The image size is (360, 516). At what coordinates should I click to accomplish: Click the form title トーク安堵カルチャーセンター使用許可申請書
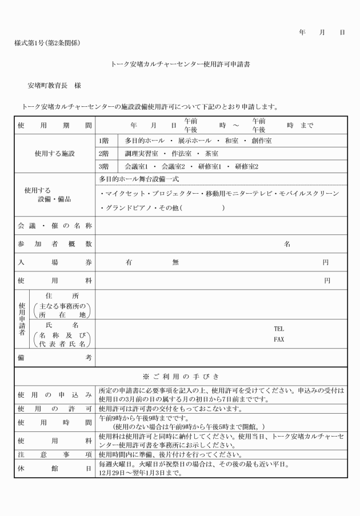(x=179, y=65)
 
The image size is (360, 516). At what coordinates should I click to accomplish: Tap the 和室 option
(x=229, y=140)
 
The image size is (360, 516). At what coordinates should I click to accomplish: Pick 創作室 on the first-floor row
(x=260, y=140)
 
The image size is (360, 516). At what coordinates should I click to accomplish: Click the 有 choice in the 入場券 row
(x=130, y=262)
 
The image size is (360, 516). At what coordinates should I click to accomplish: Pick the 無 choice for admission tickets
(x=175, y=262)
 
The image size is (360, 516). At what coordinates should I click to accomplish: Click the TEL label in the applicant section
(x=279, y=329)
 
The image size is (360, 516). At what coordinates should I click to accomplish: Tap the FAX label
(x=279, y=339)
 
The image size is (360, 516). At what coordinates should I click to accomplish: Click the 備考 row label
(x=54, y=358)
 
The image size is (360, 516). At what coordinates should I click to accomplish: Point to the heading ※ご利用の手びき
(x=179, y=376)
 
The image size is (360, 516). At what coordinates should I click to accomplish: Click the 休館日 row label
(x=54, y=469)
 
